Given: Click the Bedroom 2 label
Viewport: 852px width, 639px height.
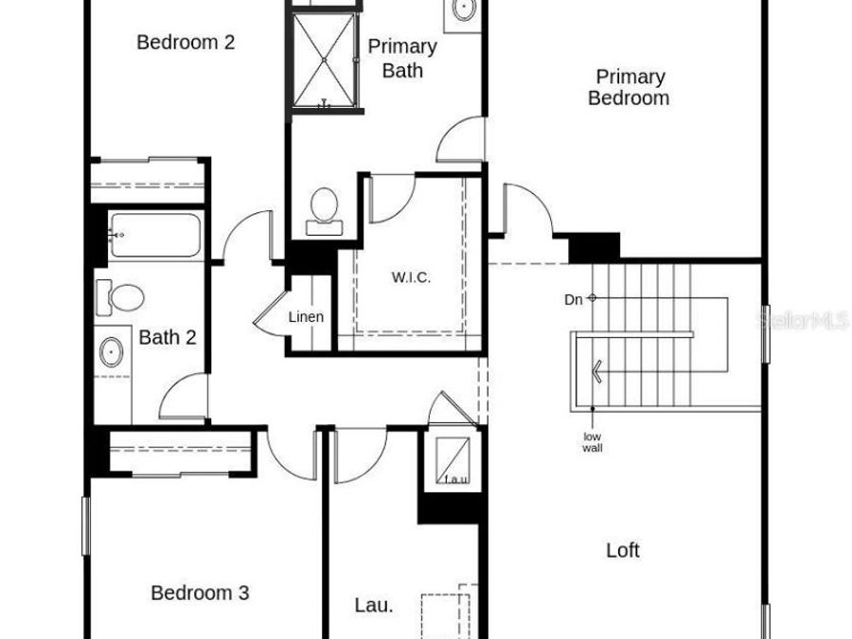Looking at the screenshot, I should (x=186, y=42).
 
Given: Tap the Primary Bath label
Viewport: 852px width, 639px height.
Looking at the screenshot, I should (x=402, y=58).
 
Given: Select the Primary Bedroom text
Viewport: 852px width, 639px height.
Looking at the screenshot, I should (x=630, y=87).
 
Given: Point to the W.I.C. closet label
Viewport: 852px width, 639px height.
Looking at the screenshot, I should (x=411, y=277).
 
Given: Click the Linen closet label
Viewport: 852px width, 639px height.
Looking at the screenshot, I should (x=306, y=316).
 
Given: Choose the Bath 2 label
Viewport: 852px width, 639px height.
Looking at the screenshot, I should (x=168, y=337).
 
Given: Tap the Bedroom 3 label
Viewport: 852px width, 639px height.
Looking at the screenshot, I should (x=200, y=593).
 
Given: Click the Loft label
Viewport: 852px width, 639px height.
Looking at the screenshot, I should (x=622, y=549).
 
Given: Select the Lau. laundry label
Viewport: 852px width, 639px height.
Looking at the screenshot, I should (x=373, y=605).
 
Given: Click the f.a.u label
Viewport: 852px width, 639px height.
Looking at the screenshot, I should (x=456, y=480).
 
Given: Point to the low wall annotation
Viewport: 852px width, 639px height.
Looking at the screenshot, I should (x=593, y=442).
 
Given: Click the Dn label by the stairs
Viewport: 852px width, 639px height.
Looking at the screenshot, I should (x=574, y=299).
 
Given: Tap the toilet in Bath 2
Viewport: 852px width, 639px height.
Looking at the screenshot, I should (x=120, y=297).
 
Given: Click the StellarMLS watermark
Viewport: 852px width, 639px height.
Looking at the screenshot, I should (x=803, y=322).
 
